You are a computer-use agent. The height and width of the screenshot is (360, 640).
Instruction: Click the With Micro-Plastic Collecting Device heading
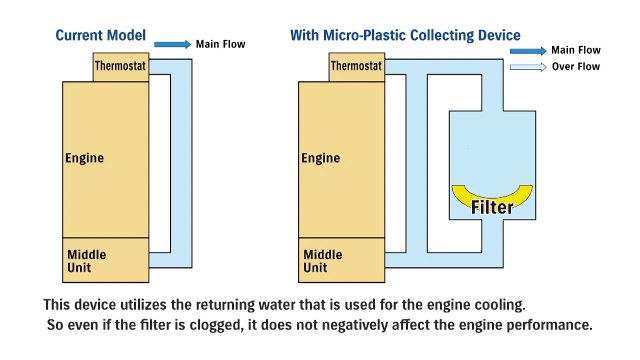(404, 36)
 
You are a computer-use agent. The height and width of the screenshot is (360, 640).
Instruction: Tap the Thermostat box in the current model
(121, 67)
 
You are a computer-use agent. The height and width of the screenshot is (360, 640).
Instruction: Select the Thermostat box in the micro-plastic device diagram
(357, 67)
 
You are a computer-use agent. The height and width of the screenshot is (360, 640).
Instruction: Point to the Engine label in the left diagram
(84, 158)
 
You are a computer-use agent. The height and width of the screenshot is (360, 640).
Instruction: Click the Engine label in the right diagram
(321, 158)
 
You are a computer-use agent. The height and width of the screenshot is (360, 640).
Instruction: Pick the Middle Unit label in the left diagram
(86, 261)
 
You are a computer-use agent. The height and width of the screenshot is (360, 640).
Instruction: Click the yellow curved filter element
(493, 194)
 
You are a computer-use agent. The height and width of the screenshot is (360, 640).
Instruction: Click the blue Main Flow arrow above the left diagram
(173, 44)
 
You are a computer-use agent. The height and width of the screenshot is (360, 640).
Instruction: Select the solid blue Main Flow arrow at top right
(527, 49)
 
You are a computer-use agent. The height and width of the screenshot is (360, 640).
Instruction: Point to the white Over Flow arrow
(527, 67)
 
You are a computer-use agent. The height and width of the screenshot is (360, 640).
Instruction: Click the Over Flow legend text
(574, 67)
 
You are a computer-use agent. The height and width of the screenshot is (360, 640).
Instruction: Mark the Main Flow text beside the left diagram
(220, 44)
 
